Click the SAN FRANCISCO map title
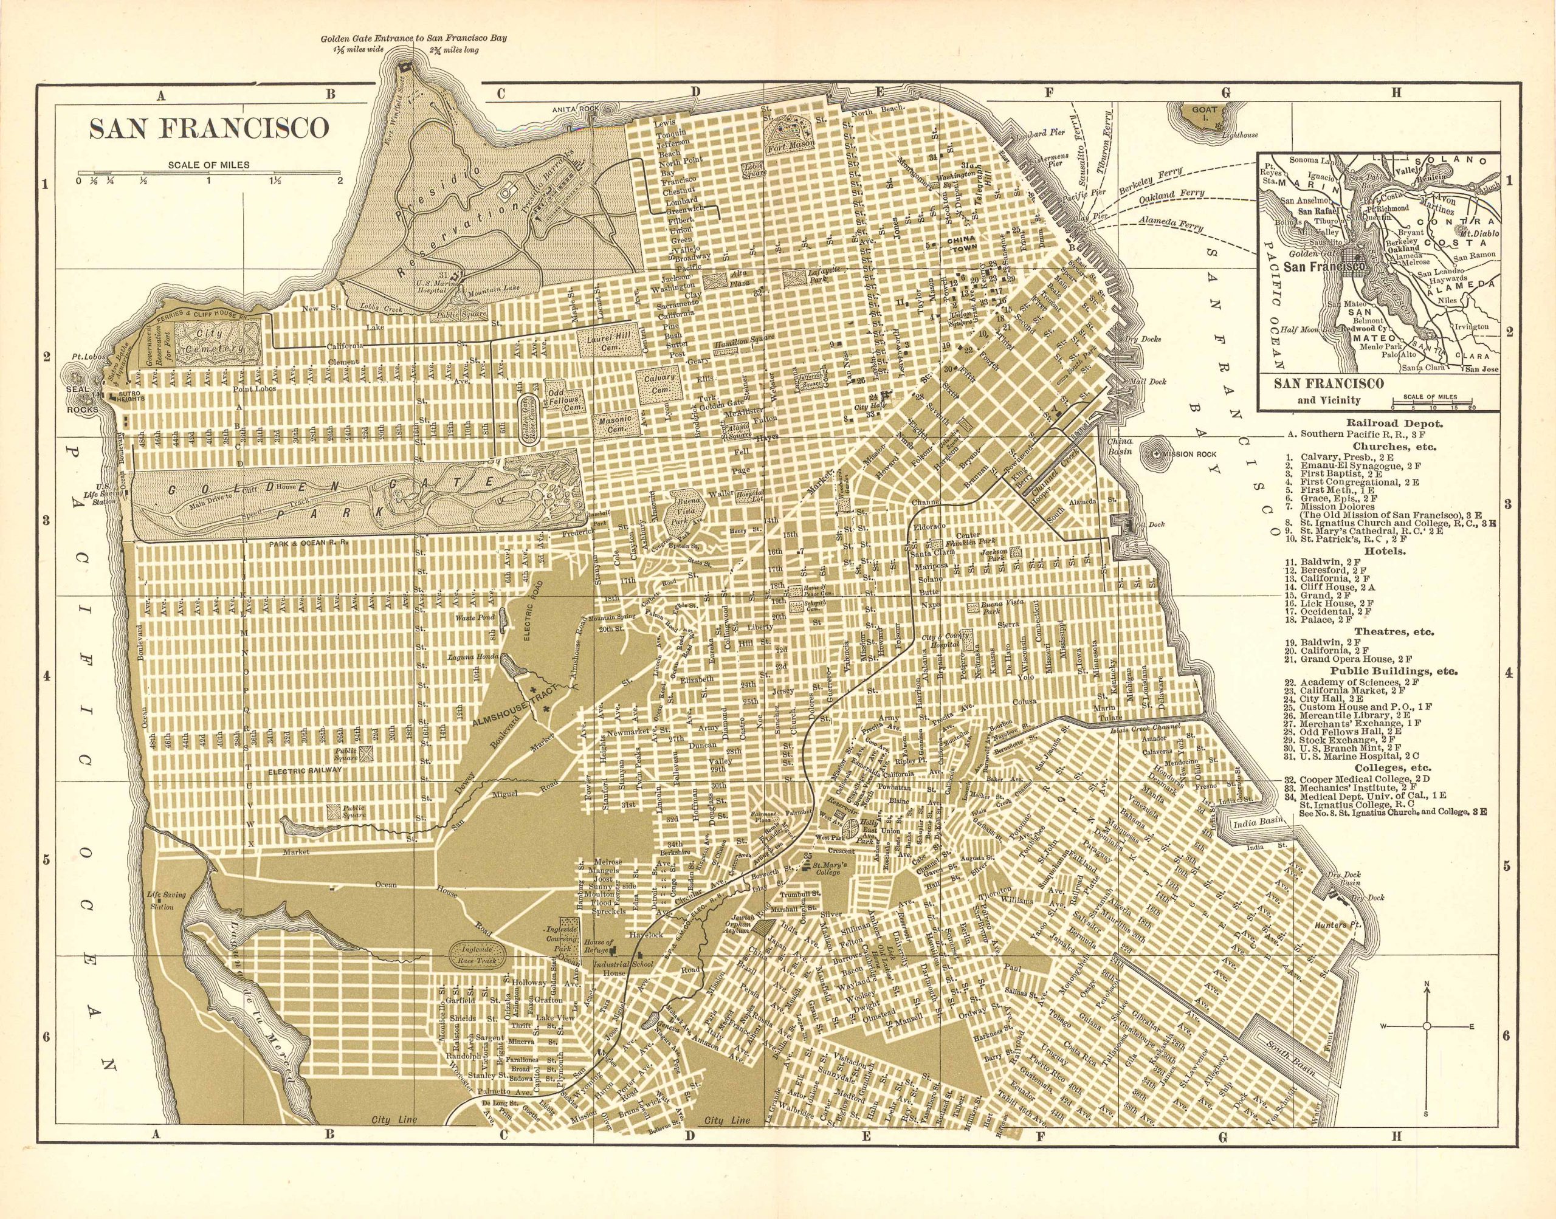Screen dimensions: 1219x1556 tap(208, 128)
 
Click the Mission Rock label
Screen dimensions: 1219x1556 tap(1189, 454)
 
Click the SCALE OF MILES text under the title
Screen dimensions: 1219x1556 tap(208, 165)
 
